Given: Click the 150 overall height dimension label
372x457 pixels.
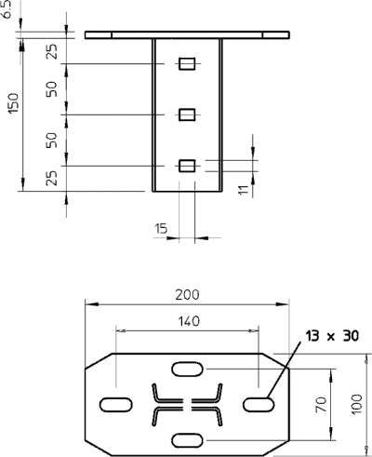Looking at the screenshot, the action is coord(14,103).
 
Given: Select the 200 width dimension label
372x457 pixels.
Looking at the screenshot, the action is coord(187,295).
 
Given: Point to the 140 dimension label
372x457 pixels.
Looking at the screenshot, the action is coord(189,321).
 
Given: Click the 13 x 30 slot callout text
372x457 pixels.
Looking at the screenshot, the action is coord(332,336).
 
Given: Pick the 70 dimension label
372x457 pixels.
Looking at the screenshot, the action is coord(321,405).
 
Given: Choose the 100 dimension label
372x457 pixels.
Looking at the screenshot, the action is coord(356,404).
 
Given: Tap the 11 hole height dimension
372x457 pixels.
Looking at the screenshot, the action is coord(244,190).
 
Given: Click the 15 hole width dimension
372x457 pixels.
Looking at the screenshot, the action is coord(161,229).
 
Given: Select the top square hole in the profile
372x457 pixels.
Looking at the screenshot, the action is coord(187,63).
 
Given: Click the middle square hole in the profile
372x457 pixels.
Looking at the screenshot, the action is coord(187,114).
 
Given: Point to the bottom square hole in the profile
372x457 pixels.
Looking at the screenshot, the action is coord(187,166).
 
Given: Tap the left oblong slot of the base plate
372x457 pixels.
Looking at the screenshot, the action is coord(116,405).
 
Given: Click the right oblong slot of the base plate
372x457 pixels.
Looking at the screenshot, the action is coord(259,405).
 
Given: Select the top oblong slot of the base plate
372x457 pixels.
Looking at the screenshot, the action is coord(188,369).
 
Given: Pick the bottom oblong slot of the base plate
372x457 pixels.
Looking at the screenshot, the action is coord(188,440).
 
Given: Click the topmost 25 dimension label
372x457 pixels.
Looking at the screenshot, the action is coord(52,51).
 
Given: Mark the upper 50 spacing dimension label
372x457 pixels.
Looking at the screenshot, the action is coord(52,89).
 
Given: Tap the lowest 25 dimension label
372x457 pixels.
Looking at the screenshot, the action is coord(52,178).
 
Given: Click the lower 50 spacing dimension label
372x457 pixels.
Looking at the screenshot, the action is coord(52,140).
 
